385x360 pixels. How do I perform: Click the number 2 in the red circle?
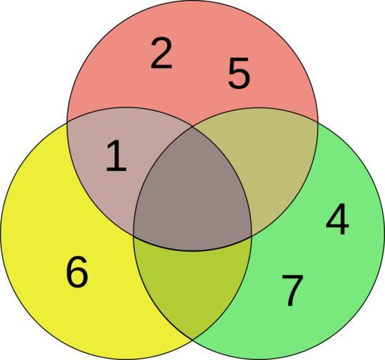(162, 53)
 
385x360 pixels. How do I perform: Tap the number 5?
(239, 72)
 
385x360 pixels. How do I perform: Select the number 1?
(116, 155)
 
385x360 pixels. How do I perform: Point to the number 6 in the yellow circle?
(77, 271)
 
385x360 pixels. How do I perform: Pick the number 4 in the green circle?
(337, 219)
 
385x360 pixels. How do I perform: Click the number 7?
(292, 290)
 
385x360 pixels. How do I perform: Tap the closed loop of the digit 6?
(77, 277)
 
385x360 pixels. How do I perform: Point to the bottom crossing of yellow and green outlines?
(192, 340)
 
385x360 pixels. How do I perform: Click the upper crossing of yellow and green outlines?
(192, 127)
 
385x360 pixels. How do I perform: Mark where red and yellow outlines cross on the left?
(67, 122)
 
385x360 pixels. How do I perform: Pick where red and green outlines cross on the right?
(318, 122)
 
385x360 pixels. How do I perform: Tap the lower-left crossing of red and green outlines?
(133, 236)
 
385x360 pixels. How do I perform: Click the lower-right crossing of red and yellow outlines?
(252, 236)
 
